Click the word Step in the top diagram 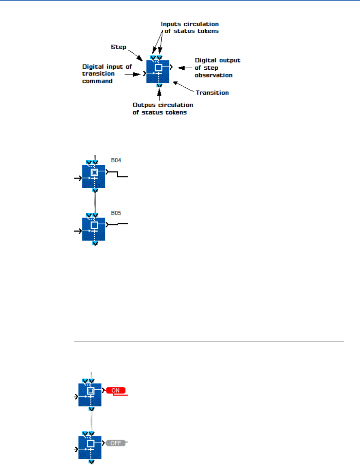pos(118,47)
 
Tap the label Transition pos(212,93)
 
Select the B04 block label pos(116,160)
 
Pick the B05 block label pos(116,213)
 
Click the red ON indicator pos(115,390)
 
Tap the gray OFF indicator pos(116,443)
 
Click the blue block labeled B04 pos(94,176)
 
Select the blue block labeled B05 pos(94,229)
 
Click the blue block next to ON pos(90,395)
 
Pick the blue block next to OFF pos(90,447)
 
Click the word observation pos(214,75)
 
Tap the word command pos(97,81)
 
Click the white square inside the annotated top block pos(158,67)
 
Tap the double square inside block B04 pos(94,172)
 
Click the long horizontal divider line pos(209,342)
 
